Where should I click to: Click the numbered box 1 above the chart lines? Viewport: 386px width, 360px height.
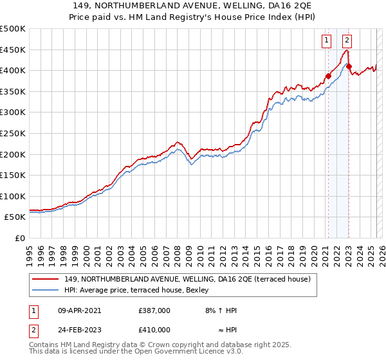click(327, 40)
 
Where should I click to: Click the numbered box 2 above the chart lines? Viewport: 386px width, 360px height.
click(347, 40)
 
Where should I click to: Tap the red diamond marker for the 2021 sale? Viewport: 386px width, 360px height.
click(328, 76)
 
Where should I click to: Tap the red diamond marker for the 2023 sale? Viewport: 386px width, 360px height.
click(349, 66)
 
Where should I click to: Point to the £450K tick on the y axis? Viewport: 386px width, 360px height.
click(13, 50)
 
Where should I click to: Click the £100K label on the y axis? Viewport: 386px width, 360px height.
click(13, 196)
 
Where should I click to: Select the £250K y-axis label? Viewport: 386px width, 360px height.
click(13, 133)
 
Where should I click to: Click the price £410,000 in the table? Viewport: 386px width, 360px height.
click(154, 330)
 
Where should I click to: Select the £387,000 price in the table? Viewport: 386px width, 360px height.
click(154, 310)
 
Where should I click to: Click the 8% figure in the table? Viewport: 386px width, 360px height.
click(209, 310)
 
